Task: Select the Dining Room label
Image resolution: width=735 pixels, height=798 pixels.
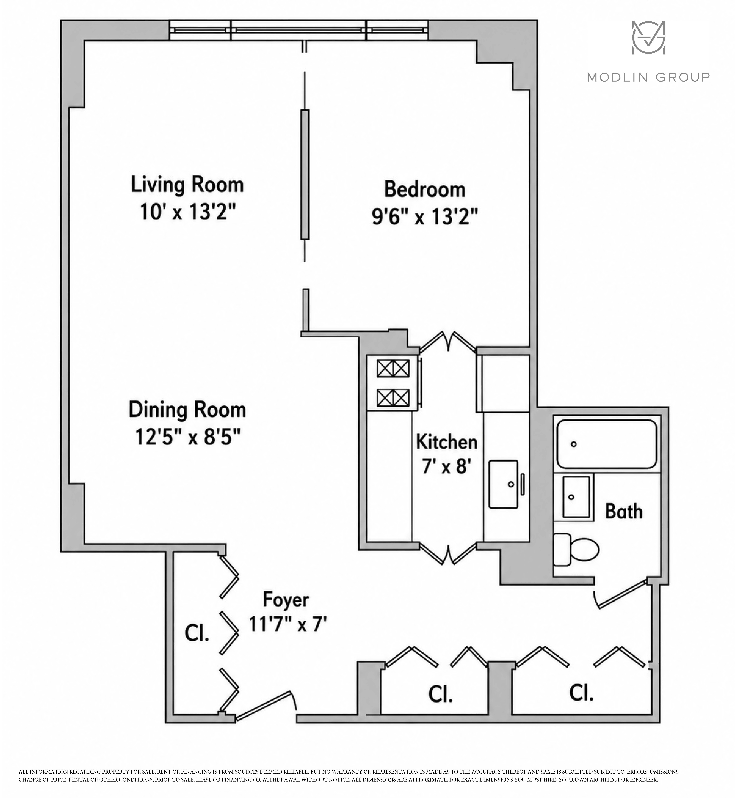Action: [x=187, y=410]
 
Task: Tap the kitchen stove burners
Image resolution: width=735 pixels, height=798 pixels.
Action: [x=393, y=383]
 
